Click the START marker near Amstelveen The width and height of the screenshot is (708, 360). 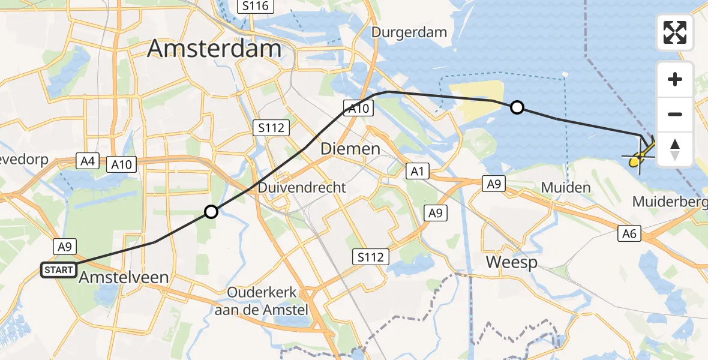tap(58, 270)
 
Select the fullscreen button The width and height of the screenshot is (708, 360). tap(675, 32)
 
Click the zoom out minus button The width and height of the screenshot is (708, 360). tap(675, 114)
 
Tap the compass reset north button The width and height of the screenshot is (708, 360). tap(675, 149)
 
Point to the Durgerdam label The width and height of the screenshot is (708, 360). tap(409, 32)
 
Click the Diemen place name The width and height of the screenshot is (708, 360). tap(350, 148)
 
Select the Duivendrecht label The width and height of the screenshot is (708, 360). tap(302, 188)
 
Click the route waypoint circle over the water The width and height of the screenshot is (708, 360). tap(517, 107)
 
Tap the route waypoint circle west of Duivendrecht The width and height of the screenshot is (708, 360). tap(211, 211)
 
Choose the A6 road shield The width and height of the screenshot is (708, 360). tap(629, 234)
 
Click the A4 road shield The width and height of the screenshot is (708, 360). tap(87, 161)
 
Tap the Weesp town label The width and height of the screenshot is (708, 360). tap(511, 262)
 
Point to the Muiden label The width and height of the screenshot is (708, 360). tap(566, 188)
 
